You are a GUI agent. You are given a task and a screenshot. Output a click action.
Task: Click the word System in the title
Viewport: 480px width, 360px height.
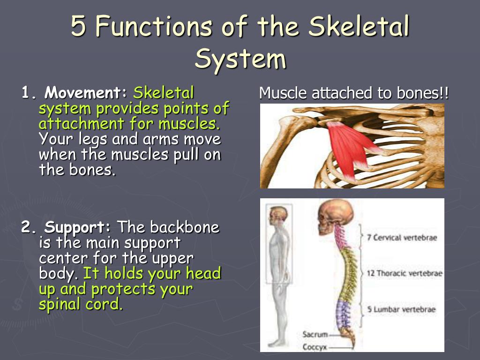(x=240, y=60)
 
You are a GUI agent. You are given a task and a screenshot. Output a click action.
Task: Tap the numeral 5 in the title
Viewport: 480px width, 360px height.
(x=78, y=27)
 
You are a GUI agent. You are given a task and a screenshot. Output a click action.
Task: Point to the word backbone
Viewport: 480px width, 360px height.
(x=184, y=228)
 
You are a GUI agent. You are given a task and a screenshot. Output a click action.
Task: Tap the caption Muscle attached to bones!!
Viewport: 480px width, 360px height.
(x=354, y=93)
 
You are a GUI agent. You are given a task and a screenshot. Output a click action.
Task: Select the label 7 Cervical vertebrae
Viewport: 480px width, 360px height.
(x=402, y=238)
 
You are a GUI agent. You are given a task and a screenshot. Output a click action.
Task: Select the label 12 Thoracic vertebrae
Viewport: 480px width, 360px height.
(x=404, y=273)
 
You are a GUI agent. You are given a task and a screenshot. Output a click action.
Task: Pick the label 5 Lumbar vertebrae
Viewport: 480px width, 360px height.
(x=401, y=309)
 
